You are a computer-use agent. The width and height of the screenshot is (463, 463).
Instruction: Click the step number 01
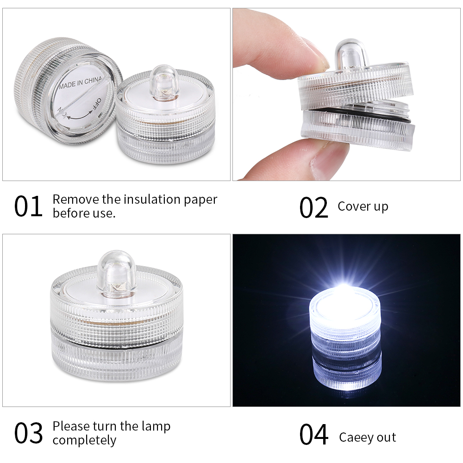pos(28,206)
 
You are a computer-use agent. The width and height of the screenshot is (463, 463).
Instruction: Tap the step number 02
pos(313,207)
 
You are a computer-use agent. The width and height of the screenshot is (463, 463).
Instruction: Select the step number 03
pos(28,433)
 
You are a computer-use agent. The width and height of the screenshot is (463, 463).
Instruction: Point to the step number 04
pos(314,434)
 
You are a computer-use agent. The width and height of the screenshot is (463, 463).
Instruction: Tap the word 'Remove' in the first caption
pos(76,200)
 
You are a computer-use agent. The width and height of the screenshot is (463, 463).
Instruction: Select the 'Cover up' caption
pos(363,206)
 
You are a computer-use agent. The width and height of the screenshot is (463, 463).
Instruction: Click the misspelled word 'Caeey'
pos(355,438)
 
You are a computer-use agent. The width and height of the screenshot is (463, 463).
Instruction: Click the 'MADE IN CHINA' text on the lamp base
pos(80,82)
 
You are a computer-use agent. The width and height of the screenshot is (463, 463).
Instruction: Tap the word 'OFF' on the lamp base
pos(96,105)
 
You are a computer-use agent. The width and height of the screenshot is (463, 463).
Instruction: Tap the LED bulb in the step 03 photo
pos(117,272)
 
